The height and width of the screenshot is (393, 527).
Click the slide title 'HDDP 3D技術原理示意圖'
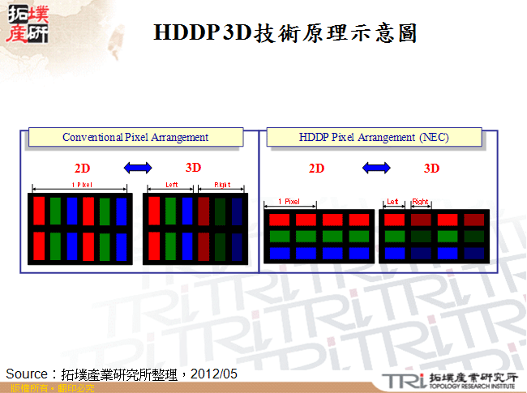coord(285,32)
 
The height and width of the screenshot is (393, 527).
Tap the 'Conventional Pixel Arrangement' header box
coord(135,138)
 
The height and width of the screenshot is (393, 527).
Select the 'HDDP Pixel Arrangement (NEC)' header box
coord(374,138)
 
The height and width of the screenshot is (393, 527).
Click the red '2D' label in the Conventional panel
coord(82,169)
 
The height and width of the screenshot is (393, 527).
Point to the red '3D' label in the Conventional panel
coord(193,168)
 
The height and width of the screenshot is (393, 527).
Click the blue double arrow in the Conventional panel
coord(137,168)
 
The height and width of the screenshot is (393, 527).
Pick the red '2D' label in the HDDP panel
coord(316,169)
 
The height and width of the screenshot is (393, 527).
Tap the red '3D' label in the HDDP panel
coord(432,169)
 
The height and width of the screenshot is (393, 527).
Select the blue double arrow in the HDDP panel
coord(375,168)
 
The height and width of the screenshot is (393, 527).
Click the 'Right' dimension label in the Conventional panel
coord(221,185)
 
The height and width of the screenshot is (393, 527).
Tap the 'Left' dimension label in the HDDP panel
coord(392,201)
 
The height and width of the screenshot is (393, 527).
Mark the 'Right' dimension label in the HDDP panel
coord(420,201)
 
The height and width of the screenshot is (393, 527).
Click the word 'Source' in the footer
coord(28,374)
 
